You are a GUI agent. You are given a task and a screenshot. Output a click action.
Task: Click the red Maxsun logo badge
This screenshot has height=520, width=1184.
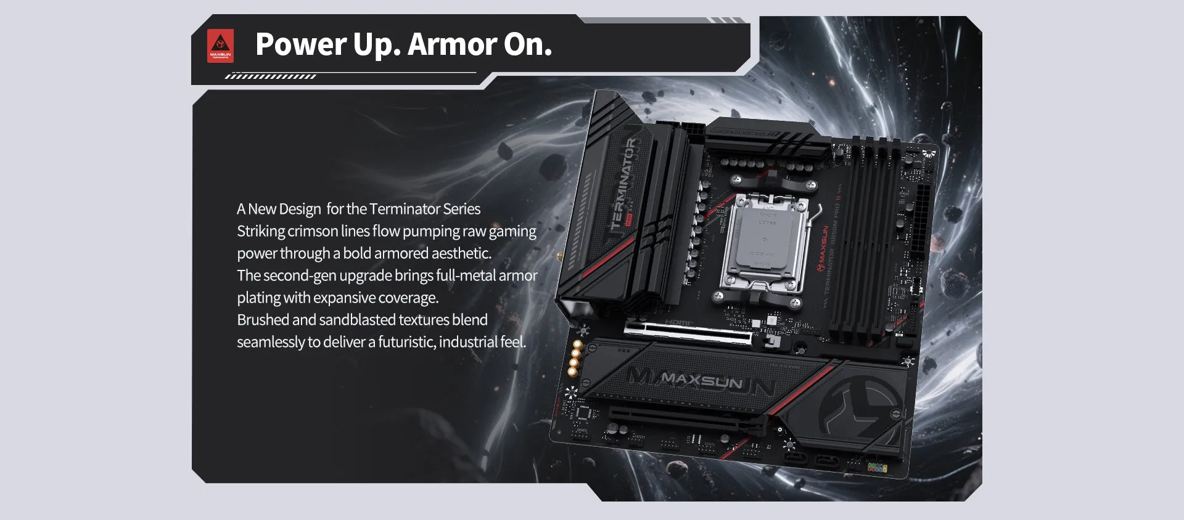pos(220,46)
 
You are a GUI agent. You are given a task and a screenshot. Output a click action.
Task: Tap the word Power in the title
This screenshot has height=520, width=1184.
pos(301,44)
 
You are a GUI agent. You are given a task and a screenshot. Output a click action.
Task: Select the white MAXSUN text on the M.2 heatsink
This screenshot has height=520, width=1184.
pos(701,380)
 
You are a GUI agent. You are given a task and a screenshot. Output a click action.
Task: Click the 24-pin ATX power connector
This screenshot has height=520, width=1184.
pos(923,209)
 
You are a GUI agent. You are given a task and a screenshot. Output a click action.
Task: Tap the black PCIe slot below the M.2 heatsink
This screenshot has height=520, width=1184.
pos(684,420)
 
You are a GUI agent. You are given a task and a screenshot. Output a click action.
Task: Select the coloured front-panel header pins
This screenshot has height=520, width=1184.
pos(877,468)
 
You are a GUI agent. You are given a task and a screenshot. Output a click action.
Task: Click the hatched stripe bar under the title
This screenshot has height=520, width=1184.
pos(270,76)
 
